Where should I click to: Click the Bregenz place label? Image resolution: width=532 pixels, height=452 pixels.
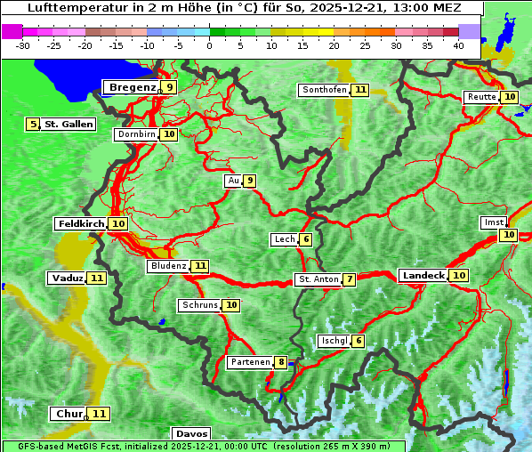pos(132,87)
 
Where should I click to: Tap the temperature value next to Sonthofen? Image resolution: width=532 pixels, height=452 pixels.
pos(359,90)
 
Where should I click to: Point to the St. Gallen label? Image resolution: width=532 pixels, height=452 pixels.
pos(69,124)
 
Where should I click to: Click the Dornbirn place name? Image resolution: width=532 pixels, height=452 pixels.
pos(136,134)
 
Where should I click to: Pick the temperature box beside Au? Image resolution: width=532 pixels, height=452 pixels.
pos(250,181)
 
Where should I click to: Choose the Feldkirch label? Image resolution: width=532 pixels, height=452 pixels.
pos(81,223)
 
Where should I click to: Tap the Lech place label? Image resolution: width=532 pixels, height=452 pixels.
pos(284,239)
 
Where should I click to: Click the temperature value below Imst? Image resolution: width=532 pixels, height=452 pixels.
pos(508,235)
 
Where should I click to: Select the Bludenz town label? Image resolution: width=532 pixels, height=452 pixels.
pos(168,266)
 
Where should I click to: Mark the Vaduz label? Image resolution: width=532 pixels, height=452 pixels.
pos(68,278)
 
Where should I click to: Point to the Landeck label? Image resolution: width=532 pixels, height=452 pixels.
pos(423,276)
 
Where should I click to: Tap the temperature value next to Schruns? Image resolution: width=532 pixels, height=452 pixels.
pos(231,305)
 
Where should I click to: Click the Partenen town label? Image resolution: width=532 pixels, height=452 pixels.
pos(249,362)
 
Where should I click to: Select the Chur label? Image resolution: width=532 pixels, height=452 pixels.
pos(69,414)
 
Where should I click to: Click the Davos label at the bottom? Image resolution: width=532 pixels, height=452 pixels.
pos(191,434)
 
